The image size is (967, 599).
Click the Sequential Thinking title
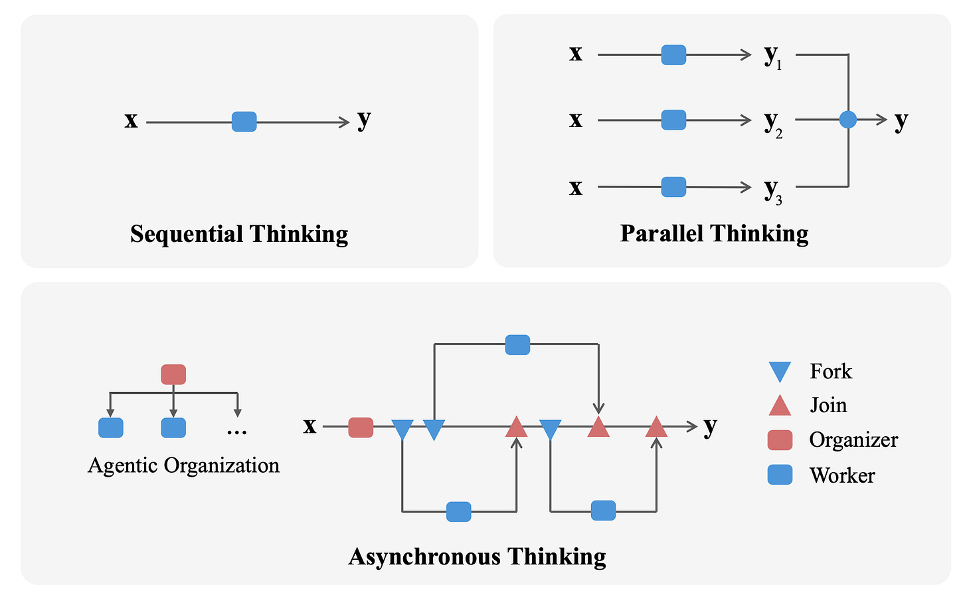pos(239,234)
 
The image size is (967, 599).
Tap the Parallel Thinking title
pos(714,233)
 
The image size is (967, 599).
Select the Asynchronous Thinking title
pos(477,556)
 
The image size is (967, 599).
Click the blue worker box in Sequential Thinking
pos(244,122)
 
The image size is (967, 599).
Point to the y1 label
pos(772,57)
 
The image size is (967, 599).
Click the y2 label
pos(772,122)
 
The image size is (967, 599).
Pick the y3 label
pos(772,189)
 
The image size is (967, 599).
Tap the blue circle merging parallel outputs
pos(848,120)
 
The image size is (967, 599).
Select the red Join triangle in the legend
pos(780,405)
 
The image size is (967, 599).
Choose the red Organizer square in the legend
pos(780,440)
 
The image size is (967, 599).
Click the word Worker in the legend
pos(842,475)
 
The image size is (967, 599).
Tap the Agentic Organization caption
pos(183,465)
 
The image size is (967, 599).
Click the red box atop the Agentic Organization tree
pos(173,374)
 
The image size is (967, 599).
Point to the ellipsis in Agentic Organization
pos(236,431)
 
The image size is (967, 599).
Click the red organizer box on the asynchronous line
pos(361,427)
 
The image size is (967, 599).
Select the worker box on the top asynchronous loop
pos(517,345)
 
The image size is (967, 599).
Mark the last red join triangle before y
pos(656,427)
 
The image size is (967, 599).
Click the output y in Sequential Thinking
pos(364,120)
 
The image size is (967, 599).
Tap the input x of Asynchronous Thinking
pos(309,425)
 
